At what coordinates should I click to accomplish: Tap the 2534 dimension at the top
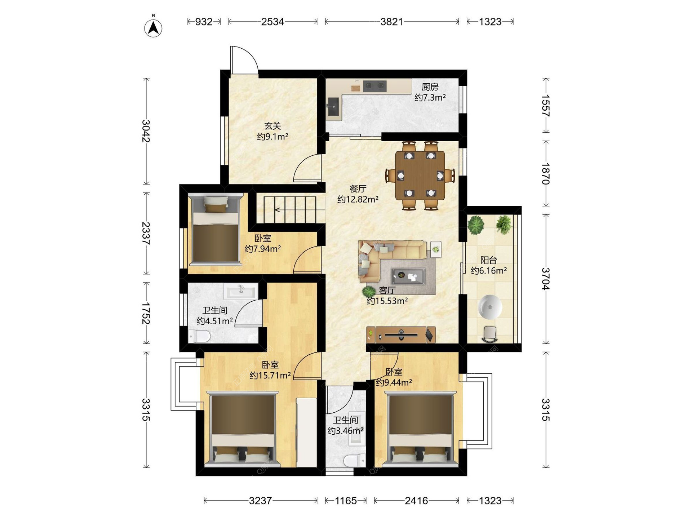click(272, 22)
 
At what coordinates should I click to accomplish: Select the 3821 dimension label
click(392, 22)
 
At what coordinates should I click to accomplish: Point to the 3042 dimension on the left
click(146, 131)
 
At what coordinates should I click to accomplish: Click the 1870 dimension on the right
click(546, 174)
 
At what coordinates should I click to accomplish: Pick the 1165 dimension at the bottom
click(346, 501)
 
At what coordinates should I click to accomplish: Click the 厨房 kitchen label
click(430, 87)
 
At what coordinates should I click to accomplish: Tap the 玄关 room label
click(272, 126)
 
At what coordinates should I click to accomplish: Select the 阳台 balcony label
click(489, 260)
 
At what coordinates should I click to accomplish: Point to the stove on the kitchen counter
click(375, 86)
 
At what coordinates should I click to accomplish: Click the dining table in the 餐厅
click(420, 175)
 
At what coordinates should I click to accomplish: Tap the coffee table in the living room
click(408, 276)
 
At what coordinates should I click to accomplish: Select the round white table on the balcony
click(490, 307)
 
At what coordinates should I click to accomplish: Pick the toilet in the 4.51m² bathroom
click(199, 336)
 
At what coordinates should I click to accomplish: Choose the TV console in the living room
click(401, 335)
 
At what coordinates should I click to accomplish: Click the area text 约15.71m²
click(270, 376)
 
